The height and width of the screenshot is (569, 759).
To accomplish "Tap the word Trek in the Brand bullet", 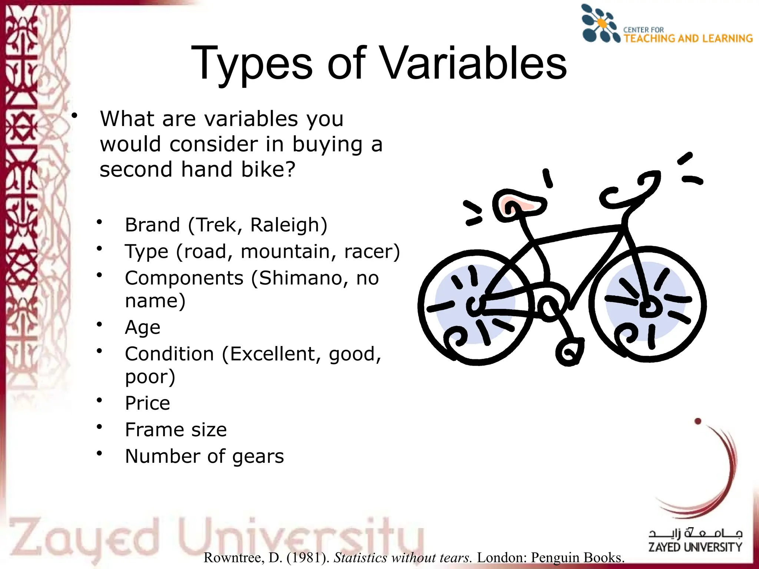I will coord(215,225).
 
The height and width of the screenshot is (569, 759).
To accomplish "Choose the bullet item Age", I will coord(143,327).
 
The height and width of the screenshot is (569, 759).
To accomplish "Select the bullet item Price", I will coord(148,403).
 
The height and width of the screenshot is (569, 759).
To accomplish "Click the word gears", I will coord(258,456).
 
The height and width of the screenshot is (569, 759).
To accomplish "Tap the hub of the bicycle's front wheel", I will coord(648,307).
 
